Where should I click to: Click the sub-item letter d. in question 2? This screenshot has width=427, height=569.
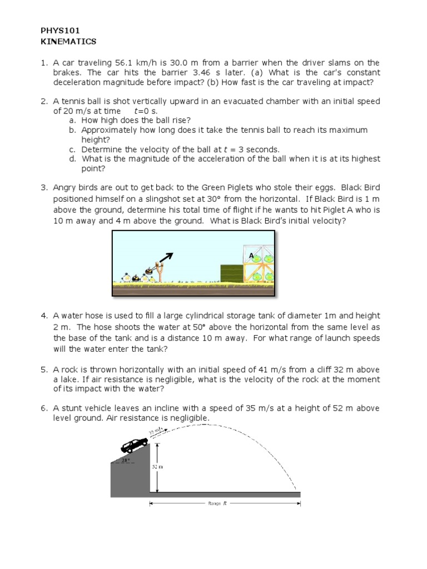point(72,158)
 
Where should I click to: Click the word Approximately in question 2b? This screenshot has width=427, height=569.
point(110,129)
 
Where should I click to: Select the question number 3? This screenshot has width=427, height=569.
point(44,187)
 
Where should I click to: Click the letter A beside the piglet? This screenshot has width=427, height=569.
point(251,256)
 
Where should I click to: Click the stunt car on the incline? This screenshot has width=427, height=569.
point(135,445)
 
